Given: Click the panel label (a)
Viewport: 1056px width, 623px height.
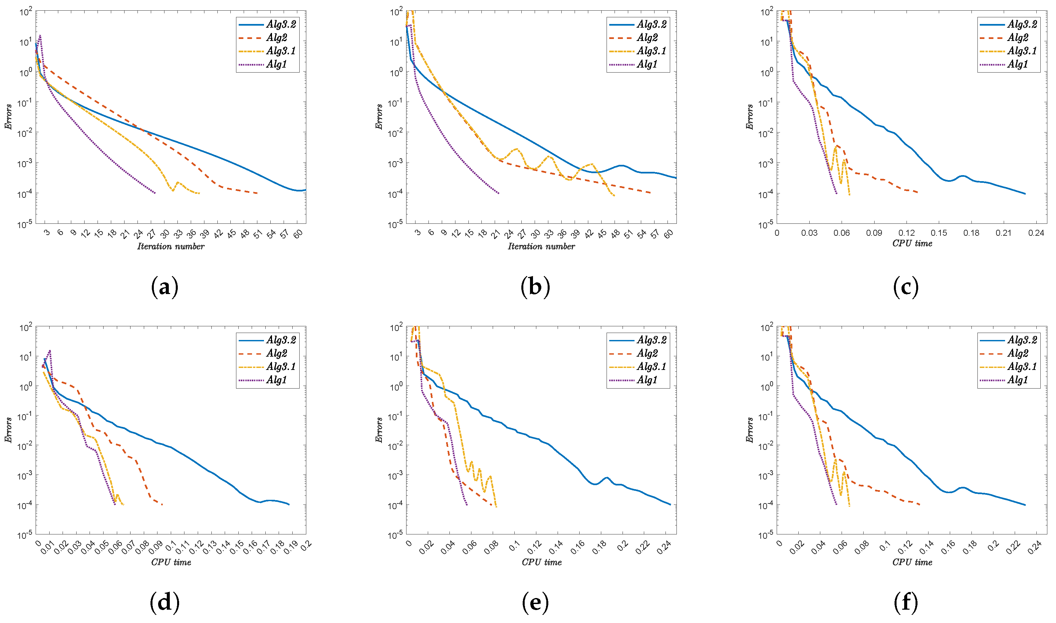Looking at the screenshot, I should tap(164, 288).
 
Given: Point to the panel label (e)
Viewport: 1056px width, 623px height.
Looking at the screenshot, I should tap(535, 603).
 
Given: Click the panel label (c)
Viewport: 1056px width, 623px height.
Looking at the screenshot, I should tap(906, 288).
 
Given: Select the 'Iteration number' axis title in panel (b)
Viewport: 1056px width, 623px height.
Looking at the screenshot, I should tap(541, 246).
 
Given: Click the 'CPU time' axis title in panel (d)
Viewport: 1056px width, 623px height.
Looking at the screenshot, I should tap(171, 562).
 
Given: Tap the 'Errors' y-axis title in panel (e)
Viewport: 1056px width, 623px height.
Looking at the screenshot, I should tap(379, 430).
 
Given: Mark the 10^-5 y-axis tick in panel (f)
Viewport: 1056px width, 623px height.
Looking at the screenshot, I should tap(766, 535).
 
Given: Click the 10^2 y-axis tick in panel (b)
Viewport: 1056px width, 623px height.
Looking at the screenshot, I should tap(396, 12).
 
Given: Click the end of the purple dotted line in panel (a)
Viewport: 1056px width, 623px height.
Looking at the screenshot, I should tap(155, 193).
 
